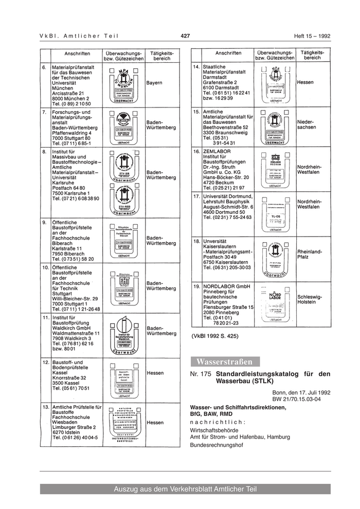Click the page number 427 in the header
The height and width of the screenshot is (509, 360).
[x=186, y=35]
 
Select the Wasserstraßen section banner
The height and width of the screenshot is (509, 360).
[x=225, y=361]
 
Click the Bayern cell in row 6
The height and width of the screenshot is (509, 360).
[x=154, y=83]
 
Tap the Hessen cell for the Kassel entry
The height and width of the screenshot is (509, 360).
[x=155, y=373]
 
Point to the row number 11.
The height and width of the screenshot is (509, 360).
[x=45, y=318]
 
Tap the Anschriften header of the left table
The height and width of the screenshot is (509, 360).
[x=78, y=53]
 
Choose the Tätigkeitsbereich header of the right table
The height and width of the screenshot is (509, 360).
[x=312, y=55]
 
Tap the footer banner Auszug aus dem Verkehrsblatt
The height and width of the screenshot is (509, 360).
[x=185, y=489]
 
